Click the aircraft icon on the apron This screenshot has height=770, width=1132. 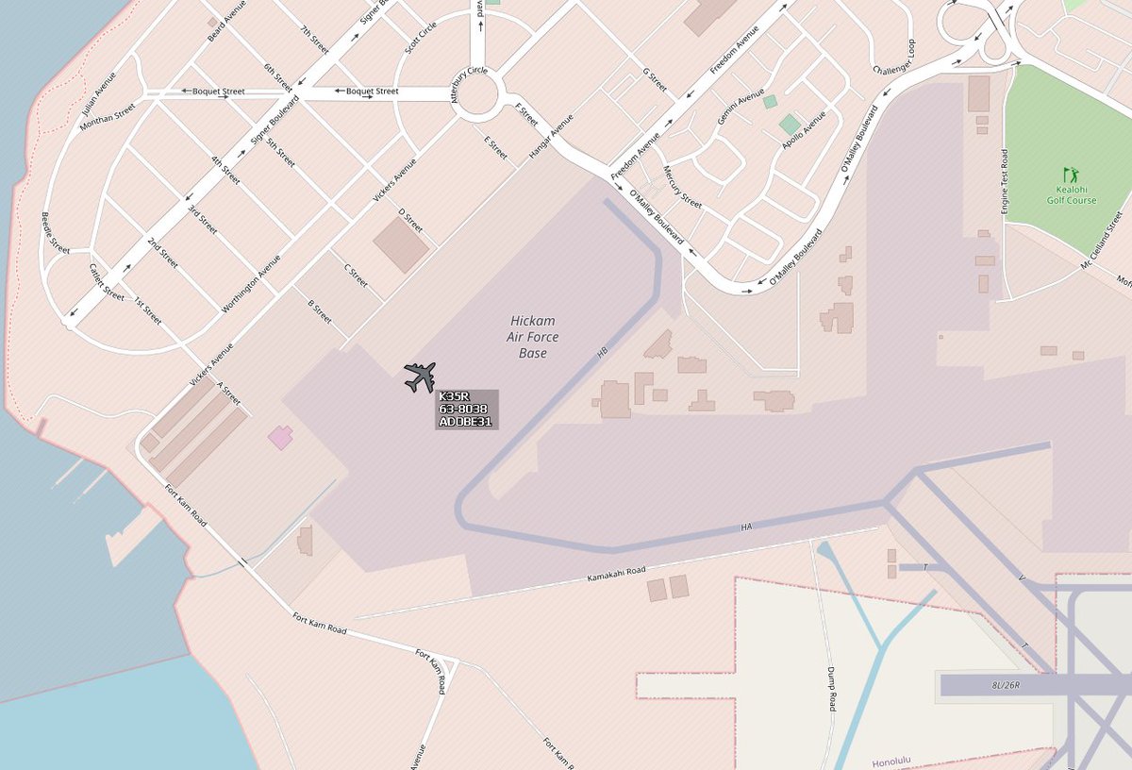(420, 377)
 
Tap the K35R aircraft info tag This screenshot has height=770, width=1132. (466, 410)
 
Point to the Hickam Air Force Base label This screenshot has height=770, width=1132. (534, 337)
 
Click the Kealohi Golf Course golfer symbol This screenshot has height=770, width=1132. (1070, 175)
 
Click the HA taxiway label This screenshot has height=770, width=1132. (747, 527)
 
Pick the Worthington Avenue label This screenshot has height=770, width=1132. (251, 284)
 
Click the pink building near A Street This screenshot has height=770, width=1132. (280, 437)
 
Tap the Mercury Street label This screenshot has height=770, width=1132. (682, 188)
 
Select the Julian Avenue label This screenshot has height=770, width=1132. (99, 91)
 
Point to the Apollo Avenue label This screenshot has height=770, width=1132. (804, 131)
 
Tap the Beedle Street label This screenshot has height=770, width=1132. (56, 232)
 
